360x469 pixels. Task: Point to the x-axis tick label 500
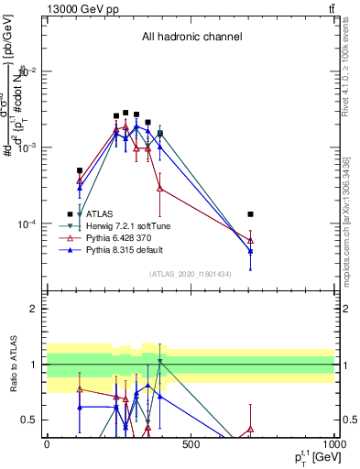pyautogui.click(x=191, y=444)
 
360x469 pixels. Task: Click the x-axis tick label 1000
pyautogui.click(x=333, y=444)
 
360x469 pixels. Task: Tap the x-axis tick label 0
pyautogui.click(x=47, y=444)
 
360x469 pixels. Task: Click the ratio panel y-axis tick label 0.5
pyautogui.click(x=30, y=420)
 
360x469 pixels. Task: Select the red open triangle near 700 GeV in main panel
pyautogui.click(x=250, y=240)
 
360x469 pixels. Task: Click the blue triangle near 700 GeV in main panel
pyautogui.click(x=250, y=251)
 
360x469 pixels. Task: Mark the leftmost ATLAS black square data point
pyautogui.click(x=80, y=170)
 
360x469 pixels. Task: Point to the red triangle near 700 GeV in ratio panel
pyautogui.click(x=250, y=428)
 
